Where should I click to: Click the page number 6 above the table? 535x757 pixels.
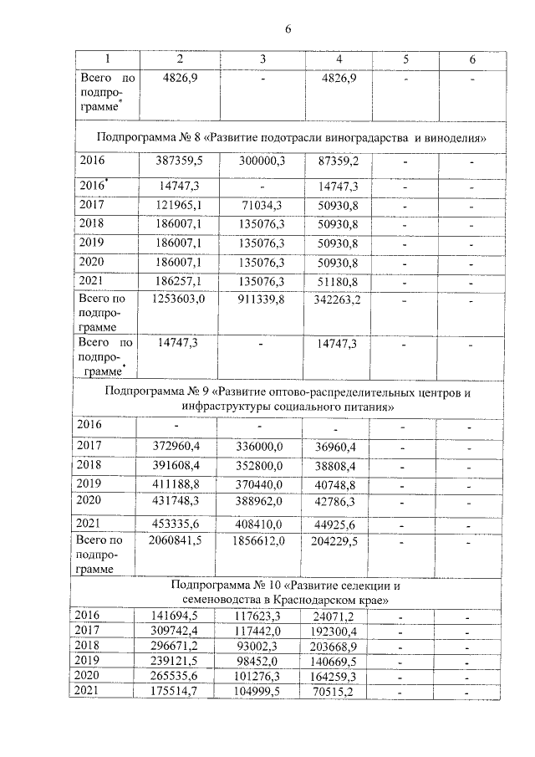coord(288,30)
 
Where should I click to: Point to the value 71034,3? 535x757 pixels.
coord(262,205)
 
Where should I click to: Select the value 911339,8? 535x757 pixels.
coord(262,299)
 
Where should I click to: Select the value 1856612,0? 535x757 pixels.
coord(262,542)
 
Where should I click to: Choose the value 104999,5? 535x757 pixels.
coord(262,691)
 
